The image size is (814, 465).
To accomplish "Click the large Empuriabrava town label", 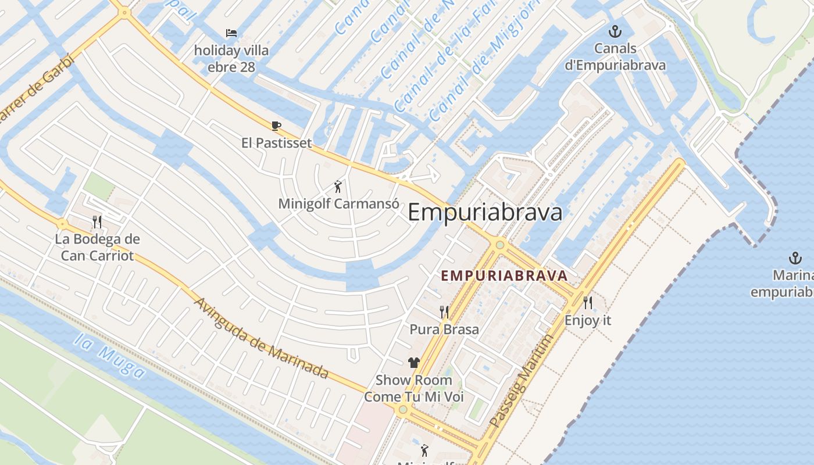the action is pyautogui.click(x=485, y=213).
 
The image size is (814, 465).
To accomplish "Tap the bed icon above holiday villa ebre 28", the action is pyautogui.click(x=231, y=33).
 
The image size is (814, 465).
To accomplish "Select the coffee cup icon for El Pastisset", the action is pyautogui.click(x=276, y=126).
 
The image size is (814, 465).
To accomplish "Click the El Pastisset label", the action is pyautogui.click(x=276, y=143).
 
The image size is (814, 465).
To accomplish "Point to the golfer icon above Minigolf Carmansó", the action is pyautogui.click(x=338, y=187).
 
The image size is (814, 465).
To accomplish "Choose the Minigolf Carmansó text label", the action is pyautogui.click(x=338, y=204).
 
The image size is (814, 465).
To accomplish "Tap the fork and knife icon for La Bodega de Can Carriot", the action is pyautogui.click(x=97, y=221).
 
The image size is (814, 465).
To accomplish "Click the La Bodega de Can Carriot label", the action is pyautogui.click(x=97, y=247).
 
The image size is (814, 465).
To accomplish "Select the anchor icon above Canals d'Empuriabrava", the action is pyautogui.click(x=615, y=31).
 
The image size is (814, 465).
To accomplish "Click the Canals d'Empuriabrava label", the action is pyautogui.click(x=615, y=56).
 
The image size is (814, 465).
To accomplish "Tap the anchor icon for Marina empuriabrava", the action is pyautogui.click(x=795, y=258).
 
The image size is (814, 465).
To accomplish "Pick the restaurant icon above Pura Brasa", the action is pyautogui.click(x=444, y=312).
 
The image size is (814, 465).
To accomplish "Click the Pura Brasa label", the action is pyautogui.click(x=444, y=330).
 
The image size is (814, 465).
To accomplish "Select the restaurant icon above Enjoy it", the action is pyautogui.click(x=588, y=303).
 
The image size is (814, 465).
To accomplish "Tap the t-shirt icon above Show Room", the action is pyautogui.click(x=413, y=363).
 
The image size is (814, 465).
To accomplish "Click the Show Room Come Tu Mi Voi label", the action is pyautogui.click(x=413, y=388).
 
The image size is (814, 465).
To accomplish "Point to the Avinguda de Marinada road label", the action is pyautogui.click(x=260, y=338).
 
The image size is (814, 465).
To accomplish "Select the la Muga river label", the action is pyautogui.click(x=109, y=355).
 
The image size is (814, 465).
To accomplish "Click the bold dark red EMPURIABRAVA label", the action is pyautogui.click(x=504, y=276).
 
